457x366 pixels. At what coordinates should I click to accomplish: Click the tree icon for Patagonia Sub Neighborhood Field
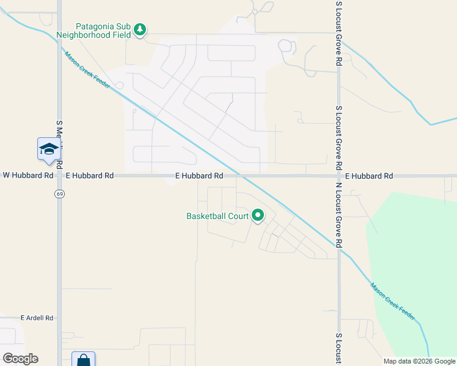[x=140, y=29]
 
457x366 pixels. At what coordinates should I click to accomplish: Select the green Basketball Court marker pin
[x=258, y=215]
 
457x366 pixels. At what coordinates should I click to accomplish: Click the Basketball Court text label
[x=217, y=216]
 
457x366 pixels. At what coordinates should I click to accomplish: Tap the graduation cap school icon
[x=48, y=149]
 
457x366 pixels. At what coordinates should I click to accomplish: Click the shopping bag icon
[x=83, y=360]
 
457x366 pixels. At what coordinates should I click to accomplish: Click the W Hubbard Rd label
[x=27, y=175]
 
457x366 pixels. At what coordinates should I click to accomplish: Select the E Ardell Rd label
[x=37, y=318]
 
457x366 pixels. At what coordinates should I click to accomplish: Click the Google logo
[x=20, y=358]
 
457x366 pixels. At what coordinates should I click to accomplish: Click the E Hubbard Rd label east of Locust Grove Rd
[x=368, y=176]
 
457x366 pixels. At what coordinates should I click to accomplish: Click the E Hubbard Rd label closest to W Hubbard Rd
[x=89, y=175]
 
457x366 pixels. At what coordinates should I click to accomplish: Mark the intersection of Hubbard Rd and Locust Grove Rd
[x=339, y=176]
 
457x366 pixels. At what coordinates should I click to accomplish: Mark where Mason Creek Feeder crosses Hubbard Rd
[x=241, y=176]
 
